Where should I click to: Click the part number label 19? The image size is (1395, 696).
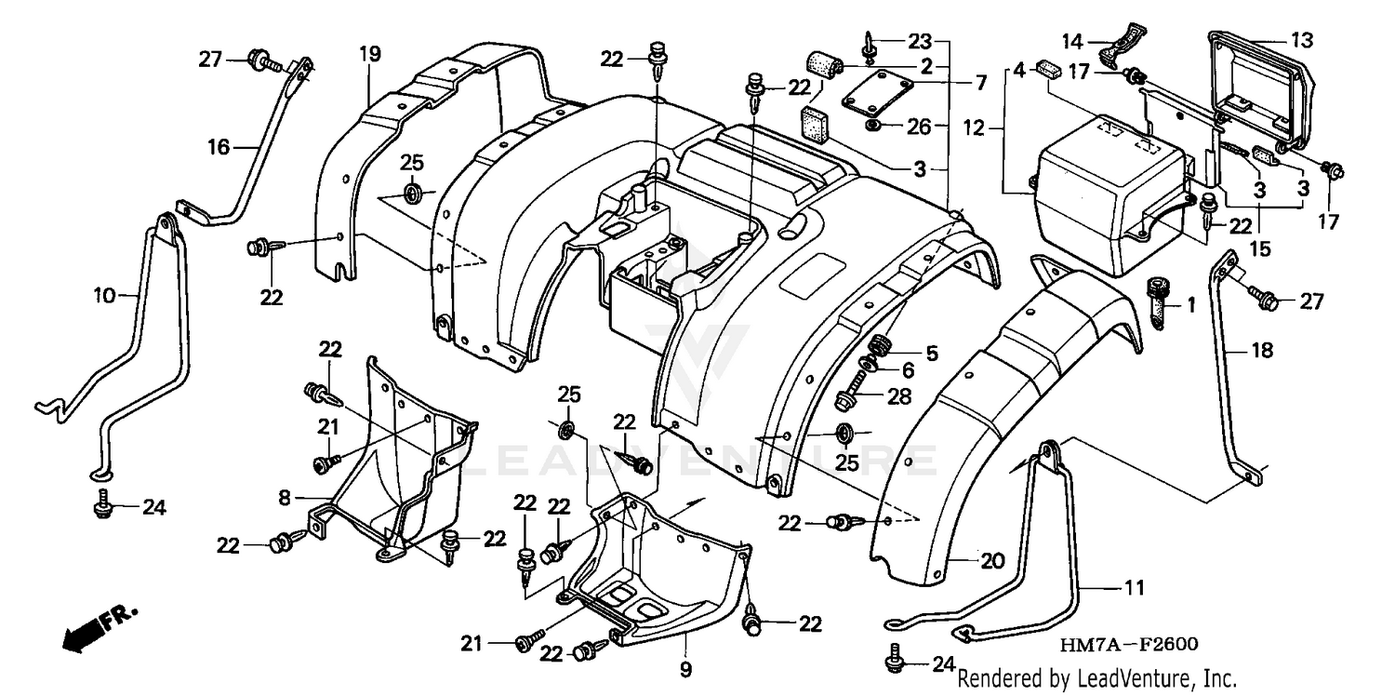(370, 54)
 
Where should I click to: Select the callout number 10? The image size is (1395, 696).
(104, 296)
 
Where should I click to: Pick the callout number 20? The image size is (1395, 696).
(992, 561)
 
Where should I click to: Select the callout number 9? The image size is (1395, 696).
(685, 668)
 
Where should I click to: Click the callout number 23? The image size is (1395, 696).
(919, 41)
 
